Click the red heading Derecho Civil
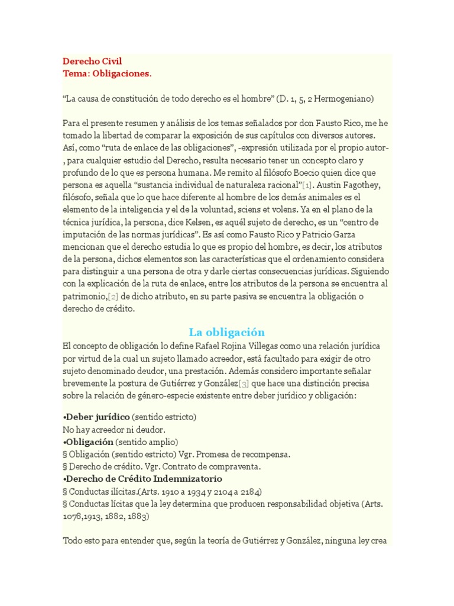93,62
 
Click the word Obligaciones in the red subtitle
123,74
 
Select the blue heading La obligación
226,331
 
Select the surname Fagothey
362,185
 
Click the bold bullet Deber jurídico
97,417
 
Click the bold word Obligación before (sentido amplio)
89,442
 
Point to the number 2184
249,492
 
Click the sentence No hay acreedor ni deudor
114,430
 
